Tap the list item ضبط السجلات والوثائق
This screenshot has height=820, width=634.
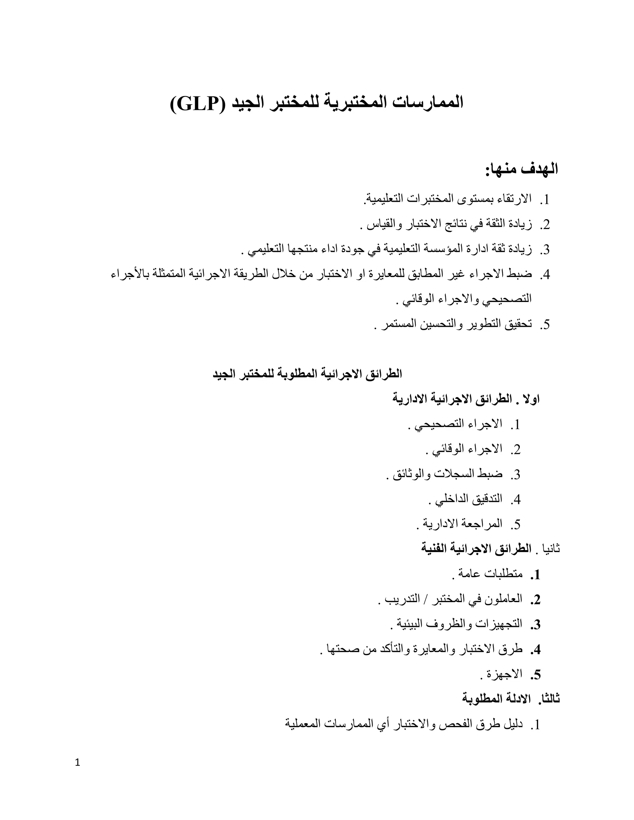point(447,474)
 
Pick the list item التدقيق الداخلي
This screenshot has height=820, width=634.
point(468,499)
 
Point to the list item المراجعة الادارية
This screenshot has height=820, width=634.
point(463,524)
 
